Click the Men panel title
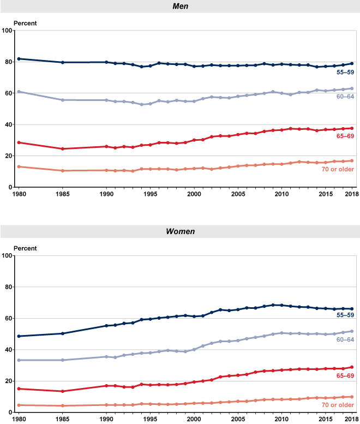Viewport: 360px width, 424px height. tap(180, 6)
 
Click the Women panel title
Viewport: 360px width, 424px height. tap(180, 231)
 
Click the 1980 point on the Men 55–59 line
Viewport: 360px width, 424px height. tap(19, 58)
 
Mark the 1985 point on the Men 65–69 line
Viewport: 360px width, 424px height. tap(63, 149)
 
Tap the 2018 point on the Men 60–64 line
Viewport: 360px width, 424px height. tap(352, 88)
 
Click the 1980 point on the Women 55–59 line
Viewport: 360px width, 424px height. tap(19, 336)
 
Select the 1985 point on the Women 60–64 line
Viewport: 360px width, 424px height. tap(63, 360)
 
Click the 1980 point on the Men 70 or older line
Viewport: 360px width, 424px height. tap(19, 166)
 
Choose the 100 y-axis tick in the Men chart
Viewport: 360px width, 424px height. tap(7, 31)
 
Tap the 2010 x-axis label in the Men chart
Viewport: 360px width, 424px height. tap(281, 194)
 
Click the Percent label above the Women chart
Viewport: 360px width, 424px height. tap(23, 247)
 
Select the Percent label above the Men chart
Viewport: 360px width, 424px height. tap(23, 22)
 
